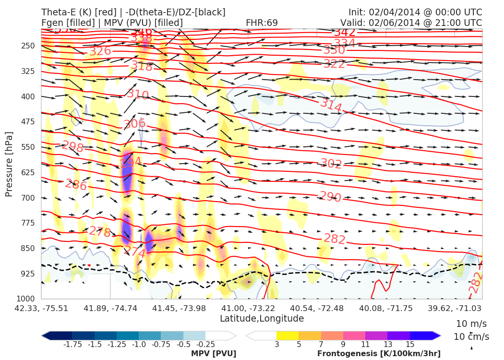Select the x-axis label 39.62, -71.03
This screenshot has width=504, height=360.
(455, 308)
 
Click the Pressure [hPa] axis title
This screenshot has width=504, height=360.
(9, 164)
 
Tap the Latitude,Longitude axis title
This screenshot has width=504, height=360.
(262, 318)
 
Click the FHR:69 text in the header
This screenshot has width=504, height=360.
(262, 23)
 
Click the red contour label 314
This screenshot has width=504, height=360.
(331, 105)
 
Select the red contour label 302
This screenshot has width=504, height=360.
(331, 164)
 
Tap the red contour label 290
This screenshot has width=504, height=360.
(330, 197)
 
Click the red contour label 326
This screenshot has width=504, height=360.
(100, 51)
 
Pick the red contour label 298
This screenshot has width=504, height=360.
(73, 146)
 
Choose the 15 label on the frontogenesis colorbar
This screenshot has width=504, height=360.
(409, 345)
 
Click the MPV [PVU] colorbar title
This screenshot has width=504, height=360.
(214, 354)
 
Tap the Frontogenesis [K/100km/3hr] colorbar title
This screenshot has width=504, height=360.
(379, 354)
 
